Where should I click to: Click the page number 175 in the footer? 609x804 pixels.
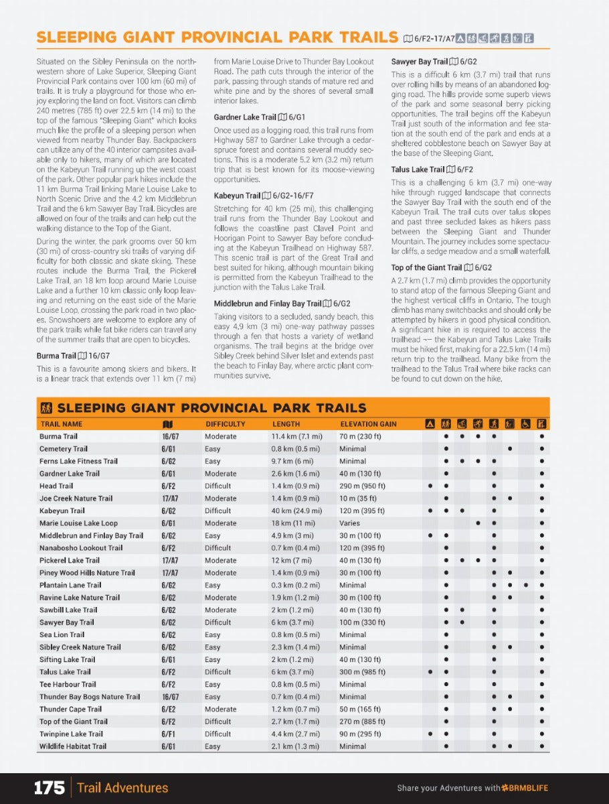(x=49, y=787)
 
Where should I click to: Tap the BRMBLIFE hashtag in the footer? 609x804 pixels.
(x=525, y=788)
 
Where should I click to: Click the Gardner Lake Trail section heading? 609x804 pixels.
(x=245, y=117)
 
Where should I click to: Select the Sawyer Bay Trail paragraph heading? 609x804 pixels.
(x=420, y=62)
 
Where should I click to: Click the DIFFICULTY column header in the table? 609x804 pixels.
(x=226, y=424)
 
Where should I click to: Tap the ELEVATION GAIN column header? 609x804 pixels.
(x=368, y=424)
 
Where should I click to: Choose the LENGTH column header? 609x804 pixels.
(x=286, y=424)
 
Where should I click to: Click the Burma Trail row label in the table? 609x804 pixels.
(x=58, y=436)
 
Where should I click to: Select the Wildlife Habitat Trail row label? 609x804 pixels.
(x=72, y=746)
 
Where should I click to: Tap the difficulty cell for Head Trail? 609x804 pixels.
(x=218, y=486)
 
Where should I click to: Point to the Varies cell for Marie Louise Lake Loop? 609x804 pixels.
(x=349, y=523)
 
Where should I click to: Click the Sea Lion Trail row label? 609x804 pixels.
(x=62, y=634)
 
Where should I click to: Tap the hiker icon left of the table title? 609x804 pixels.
(x=46, y=408)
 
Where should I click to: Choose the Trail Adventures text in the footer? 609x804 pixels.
(x=122, y=788)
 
